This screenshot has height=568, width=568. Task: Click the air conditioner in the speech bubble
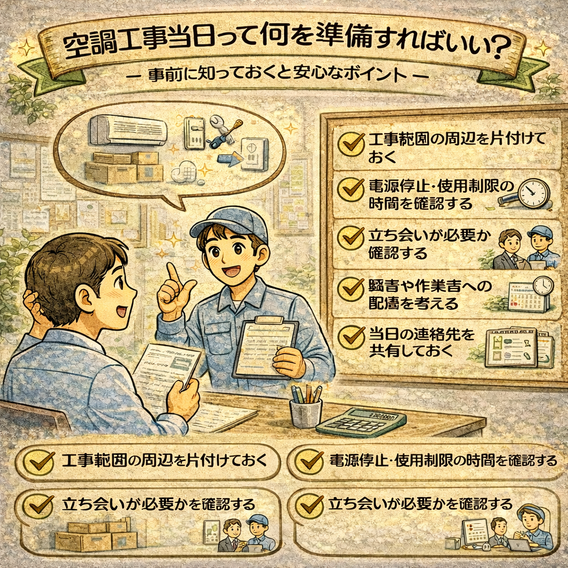(129, 130)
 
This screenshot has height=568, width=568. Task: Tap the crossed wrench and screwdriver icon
(222, 131)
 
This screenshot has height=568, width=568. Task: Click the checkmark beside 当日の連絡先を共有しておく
(351, 336)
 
